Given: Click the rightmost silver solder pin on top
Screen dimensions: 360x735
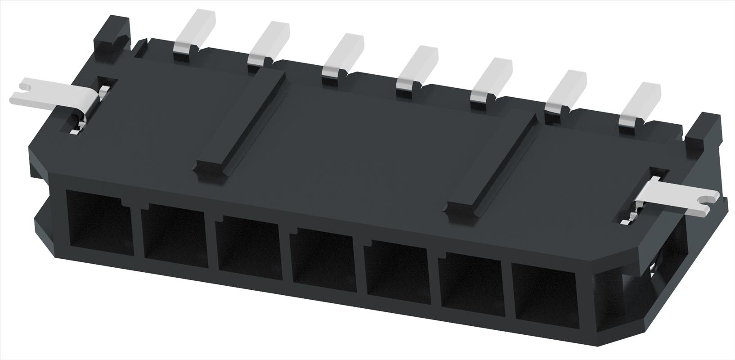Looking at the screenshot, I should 641,104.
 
